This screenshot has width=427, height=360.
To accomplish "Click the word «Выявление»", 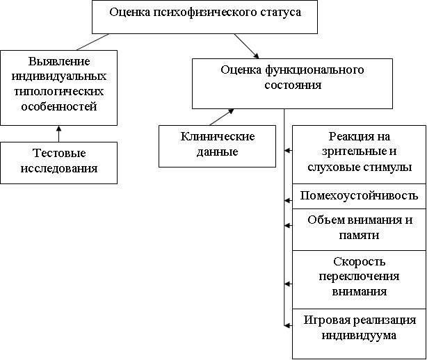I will pos(58,60).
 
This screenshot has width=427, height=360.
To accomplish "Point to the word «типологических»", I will pos(58,91).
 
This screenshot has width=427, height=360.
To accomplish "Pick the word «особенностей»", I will pos(58,106).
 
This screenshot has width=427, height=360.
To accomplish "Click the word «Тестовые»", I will pos(58,154).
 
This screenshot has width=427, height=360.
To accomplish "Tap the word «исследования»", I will pos(58,168).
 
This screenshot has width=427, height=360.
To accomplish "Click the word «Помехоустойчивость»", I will pos(359,196).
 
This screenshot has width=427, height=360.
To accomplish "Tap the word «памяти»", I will pos(359,236).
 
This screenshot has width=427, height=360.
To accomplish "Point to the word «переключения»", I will pos(359,277).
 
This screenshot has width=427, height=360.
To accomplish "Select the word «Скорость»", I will pos(359,261).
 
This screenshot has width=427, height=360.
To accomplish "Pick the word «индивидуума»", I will pos(359,335).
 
